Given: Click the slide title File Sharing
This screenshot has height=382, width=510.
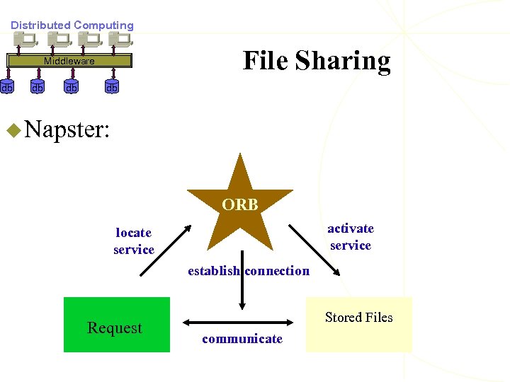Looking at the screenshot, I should pyautogui.click(x=317, y=61).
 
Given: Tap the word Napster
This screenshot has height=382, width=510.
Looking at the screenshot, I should pyautogui.click(x=67, y=129).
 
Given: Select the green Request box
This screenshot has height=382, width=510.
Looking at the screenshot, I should pyautogui.click(x=117, y=325).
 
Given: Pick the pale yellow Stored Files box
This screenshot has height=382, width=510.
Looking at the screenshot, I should pyautogui.click(x=358, y=325).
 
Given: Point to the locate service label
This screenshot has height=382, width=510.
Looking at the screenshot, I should pyautogui.click(x=134, y=241).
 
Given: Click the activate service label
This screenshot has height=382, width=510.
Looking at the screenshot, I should pyautogui.click(x=351, y=236).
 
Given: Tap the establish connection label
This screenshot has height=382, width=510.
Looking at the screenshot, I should pyautogui.click(x=248, y=270).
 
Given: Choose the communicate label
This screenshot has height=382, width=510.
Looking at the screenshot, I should pyautogui.click(x=242, y=339).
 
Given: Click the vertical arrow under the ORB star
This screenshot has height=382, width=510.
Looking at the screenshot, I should pyautogui.click(x=242, y=283).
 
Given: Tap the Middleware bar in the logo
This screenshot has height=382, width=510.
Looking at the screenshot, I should pyautogui.click(x=69, y=61).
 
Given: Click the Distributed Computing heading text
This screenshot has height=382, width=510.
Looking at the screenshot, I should pyautogui.click(x=72, y=25).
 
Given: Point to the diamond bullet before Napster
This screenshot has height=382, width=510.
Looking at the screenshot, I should pyautogui.click(x=12, y=129).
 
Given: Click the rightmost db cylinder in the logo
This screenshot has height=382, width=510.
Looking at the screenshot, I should pyautogui.click(x=112, y=88).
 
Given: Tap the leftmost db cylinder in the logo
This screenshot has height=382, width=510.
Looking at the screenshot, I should pyautogui.click(x=6, y=88).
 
